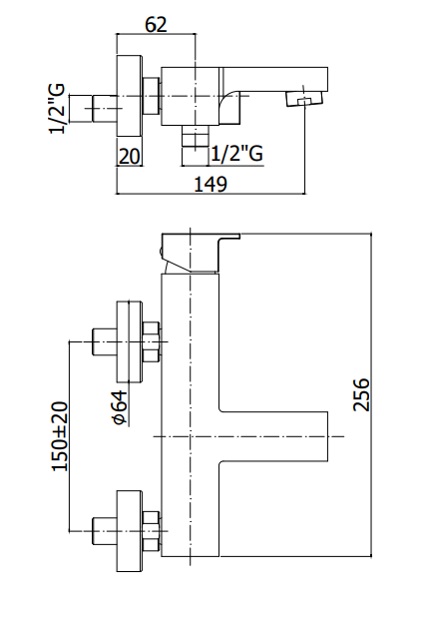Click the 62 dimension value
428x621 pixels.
coord(156,24)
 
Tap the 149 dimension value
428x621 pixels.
coord(211,184)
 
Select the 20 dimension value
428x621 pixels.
coord(130,157)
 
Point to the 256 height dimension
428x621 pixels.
coord(361,394)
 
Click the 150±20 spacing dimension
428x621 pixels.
coord(60,436)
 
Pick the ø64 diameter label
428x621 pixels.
coord(121,407)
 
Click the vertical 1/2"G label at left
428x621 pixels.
coord(57,109)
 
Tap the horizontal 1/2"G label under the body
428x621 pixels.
coord(236,154)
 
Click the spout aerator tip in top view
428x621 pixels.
coord(303,99)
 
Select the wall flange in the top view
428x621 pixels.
coord(129,96)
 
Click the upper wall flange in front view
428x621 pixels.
coord(129,341)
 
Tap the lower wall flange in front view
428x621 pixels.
coord(129,531)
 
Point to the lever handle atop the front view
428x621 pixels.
coord(201,253)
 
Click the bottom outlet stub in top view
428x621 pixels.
coord(195,136)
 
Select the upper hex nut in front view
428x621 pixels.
coord(151,341)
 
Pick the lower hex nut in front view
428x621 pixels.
coord(151,531)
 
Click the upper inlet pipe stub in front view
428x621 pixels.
coord(105,341)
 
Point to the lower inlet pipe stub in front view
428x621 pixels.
coord(105,531)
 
